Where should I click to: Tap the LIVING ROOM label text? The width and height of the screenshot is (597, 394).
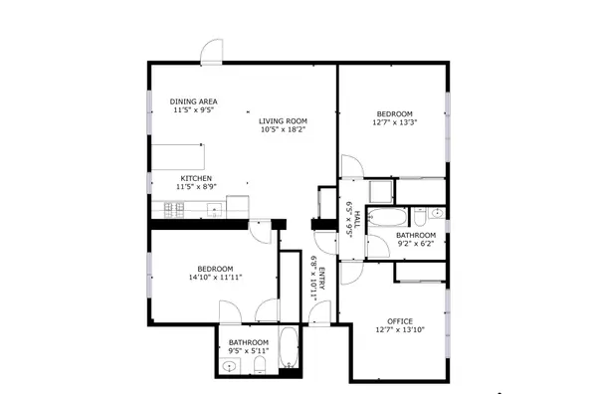click(283, 118)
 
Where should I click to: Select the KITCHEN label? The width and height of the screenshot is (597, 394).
click(195, 178)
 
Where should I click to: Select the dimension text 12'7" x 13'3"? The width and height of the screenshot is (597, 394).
click(394, 123)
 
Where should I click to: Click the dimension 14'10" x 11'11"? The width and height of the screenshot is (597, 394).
click(215, 279)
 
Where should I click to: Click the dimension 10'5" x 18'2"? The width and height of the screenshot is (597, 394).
click(284, 128)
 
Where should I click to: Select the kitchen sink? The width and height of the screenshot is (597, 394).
click(212, 209)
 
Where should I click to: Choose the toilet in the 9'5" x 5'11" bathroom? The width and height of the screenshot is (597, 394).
click(258, 369)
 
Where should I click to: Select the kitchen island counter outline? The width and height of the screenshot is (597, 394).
click(177, 156)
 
